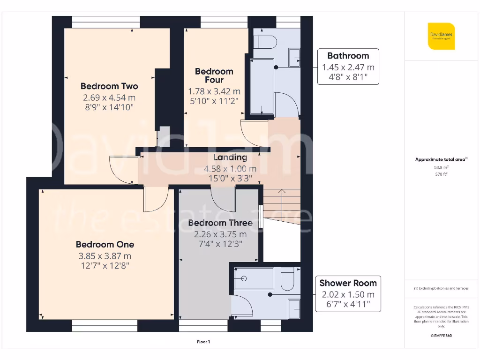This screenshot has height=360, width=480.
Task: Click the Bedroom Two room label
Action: pos(109,86)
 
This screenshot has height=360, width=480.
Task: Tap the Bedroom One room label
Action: pos(105,244)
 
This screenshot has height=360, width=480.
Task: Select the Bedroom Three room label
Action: pos(220,223)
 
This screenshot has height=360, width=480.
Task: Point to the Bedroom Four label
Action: pos(214,75)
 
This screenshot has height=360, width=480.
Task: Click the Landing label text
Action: pos(230,157)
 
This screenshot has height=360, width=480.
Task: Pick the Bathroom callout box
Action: pos(348,67)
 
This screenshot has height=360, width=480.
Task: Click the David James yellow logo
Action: pos(441,36)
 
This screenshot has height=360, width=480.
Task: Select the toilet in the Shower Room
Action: pos(287,279)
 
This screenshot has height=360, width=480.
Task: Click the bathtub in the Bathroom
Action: pos(262,87)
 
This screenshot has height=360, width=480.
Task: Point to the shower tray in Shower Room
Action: pos(254,278)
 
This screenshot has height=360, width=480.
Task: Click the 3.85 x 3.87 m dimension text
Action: pos(105,256)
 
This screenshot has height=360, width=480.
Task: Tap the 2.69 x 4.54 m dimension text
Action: pos(109,98)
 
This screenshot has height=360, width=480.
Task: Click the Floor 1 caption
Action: pos(203,342)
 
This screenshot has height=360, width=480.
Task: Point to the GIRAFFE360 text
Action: pos(441,336)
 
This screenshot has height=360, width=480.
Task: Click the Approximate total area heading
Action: pos(441,159)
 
